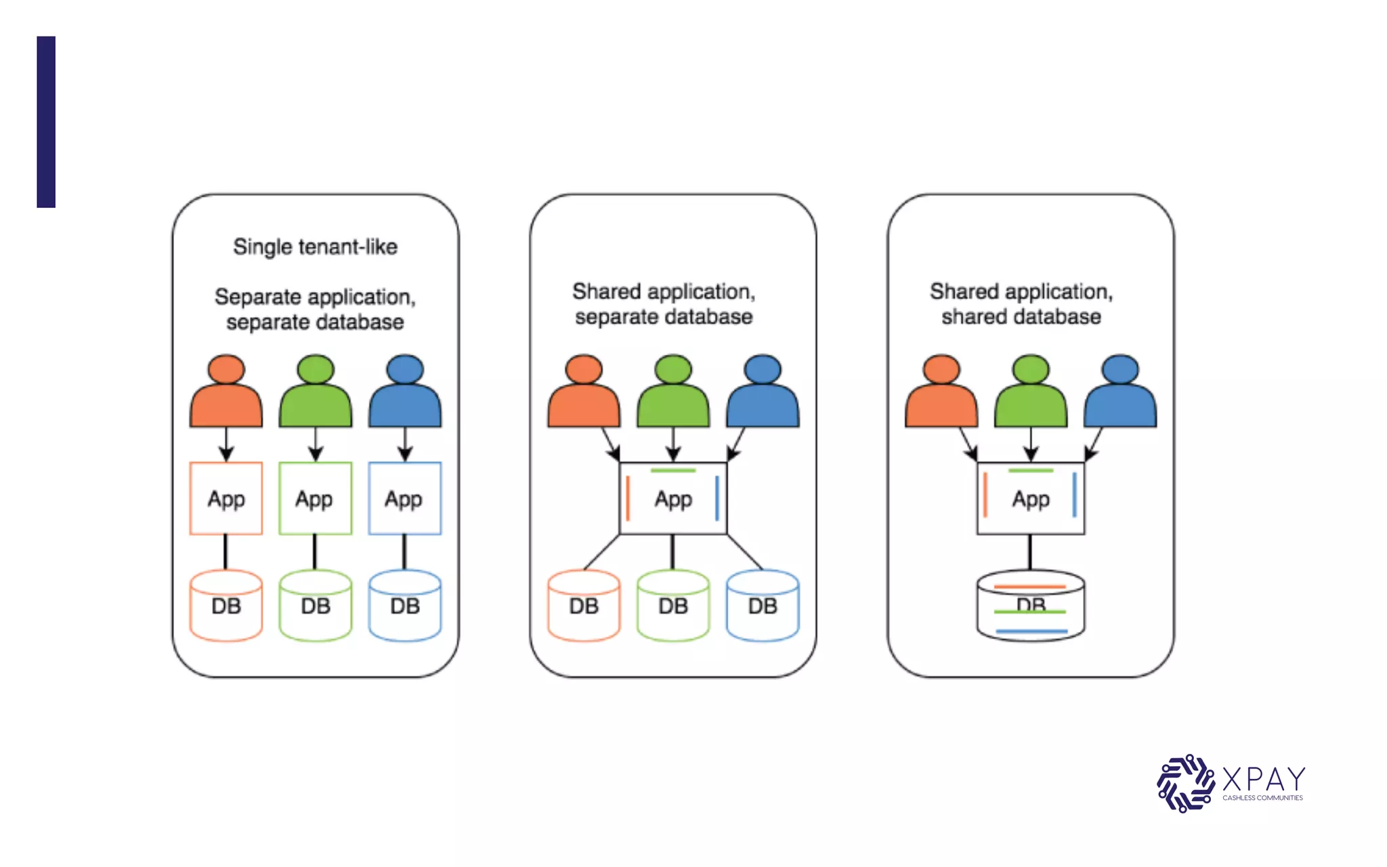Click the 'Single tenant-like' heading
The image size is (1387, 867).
315,247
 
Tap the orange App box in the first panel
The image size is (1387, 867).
226,499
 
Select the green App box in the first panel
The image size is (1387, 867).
315,499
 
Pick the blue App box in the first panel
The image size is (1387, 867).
404,499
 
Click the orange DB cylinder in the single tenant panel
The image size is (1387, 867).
226,606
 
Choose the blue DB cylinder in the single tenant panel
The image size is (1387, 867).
404,606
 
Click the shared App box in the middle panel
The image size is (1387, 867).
673,499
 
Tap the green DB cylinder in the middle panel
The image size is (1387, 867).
673,606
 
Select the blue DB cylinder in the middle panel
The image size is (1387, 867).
762,606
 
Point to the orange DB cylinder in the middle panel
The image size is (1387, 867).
583,606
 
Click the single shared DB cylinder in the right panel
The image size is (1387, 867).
1030,606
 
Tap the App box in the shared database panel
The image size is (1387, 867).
1030,499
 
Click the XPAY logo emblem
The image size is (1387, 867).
1185,783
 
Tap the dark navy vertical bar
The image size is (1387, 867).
46,122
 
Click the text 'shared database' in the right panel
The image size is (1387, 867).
1021,317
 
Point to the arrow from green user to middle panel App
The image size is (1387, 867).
673,444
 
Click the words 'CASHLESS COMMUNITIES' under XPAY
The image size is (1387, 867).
1262,798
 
